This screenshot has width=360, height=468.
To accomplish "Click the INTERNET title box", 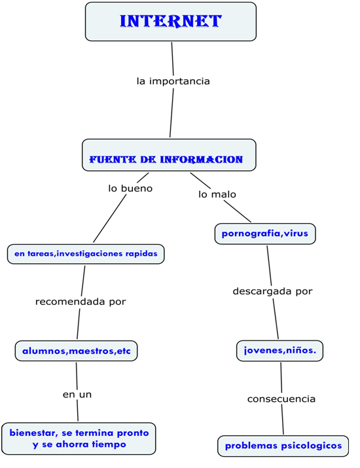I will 170,22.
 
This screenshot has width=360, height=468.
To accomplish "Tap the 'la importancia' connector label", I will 173,81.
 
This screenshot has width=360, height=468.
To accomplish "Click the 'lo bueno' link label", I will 130,189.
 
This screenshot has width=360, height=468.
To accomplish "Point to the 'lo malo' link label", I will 217,194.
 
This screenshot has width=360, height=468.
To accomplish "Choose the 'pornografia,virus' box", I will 265,234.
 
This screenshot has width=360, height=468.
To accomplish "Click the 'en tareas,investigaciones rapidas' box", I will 86,253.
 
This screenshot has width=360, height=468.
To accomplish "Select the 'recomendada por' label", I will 81,302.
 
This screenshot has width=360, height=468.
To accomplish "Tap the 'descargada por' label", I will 273,291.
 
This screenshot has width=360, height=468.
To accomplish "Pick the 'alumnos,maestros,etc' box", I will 77,351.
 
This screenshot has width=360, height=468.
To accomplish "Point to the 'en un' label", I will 77,394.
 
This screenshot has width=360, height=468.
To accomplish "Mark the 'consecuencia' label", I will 281,399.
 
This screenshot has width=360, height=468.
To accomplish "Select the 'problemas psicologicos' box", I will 283,446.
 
